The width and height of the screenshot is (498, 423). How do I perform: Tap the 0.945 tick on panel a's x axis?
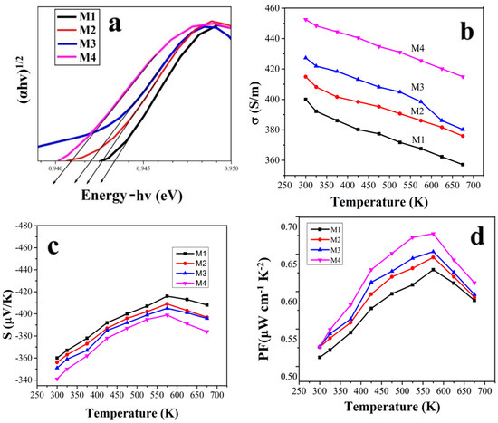[143, 168]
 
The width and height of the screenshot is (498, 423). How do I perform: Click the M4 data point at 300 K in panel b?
[306, 19]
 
